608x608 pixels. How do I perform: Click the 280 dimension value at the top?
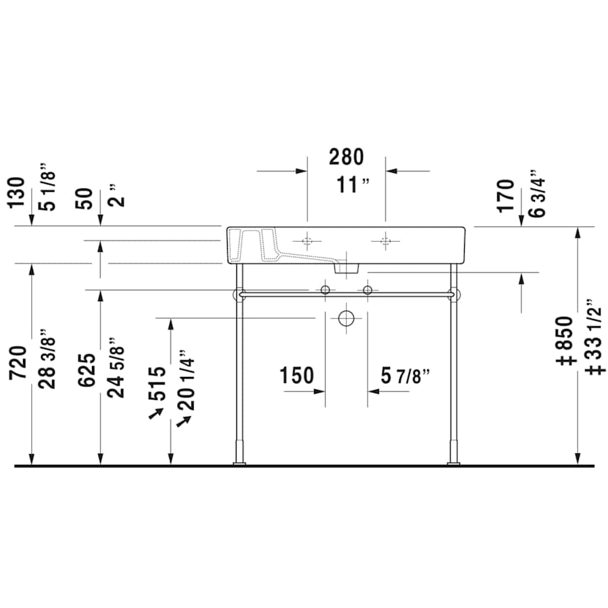pyautogui.click(x=346, y=157)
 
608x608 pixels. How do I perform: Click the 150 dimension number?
pyautogui.click(x=297, y=375)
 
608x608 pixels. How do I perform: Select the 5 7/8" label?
pyautogui.click(x=405, y=375)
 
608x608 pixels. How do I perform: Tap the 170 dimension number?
pyautogui.click(x=507, y=196)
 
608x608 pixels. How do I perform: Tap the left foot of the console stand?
pyautogui.click(x=239, y=463)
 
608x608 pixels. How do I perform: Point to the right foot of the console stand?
pyautogui.click(x=453, y=463)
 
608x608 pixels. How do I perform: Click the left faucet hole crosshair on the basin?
pyautogui.click(x=307, y=241)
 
